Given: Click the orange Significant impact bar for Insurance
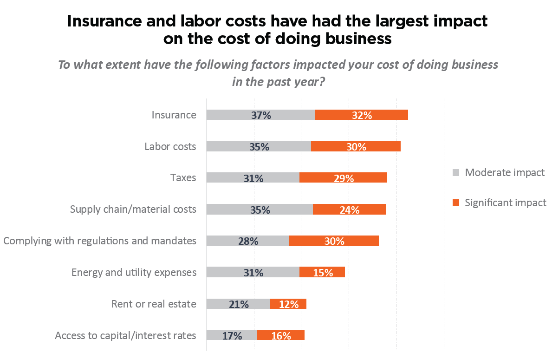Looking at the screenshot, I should [x=361, y=115].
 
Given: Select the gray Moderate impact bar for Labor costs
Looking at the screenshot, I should [x=259, y=146].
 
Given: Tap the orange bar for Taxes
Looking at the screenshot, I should [x=343, y=177].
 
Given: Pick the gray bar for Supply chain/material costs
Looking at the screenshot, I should [x=260, y=209].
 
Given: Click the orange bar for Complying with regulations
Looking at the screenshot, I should [x=334, y=241].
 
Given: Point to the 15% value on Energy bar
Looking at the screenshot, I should [x=323, y=273].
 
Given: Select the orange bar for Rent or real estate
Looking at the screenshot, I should [x=288, y=304].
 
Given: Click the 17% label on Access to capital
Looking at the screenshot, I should [x=232, y=336].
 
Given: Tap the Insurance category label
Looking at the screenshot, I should [x=174, y=115].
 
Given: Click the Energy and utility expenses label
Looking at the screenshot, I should [x=134, y=272].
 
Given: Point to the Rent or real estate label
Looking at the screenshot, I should [x=154, y=304].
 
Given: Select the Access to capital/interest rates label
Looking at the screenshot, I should [x=125, y=335].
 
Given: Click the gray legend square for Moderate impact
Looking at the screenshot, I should [x=456, y=173].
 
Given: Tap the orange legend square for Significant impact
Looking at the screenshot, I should [x=456, y=203].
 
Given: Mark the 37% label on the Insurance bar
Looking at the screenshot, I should [x=261, y=115].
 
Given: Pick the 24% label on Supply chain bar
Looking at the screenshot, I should [x=350, y=209].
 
